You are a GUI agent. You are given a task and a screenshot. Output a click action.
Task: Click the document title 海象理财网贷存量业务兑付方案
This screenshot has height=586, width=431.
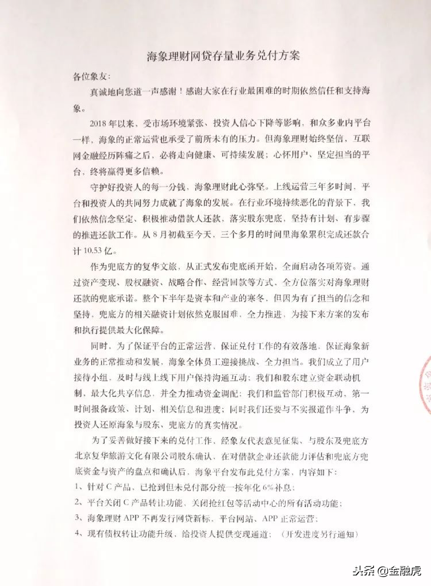coord(223,55)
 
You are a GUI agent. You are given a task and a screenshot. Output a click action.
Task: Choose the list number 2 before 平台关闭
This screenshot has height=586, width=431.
coord(76,503)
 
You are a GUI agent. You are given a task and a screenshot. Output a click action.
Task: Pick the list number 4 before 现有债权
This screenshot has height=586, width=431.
coord(76,534)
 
